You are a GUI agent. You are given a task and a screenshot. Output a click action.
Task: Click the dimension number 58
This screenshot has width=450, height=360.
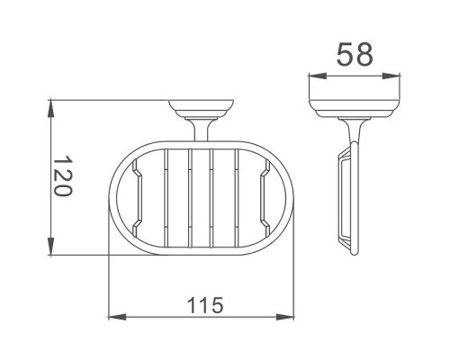(x=355, y=54)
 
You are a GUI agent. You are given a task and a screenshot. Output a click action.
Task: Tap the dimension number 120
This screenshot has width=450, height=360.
(x=62, y=175)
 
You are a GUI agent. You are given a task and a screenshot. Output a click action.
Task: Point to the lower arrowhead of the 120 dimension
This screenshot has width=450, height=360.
(x=51, y=246)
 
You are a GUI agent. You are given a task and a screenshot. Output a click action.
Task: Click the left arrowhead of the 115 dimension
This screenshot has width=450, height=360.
(x=117, y=316)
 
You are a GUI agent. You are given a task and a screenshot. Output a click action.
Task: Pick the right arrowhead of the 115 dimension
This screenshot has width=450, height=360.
(x=285, y=316)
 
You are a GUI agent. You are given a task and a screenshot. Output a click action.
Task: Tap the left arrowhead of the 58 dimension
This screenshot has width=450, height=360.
(x=318, y=76)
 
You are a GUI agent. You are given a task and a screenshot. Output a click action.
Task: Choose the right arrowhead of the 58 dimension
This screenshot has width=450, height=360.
(x=391, y=76)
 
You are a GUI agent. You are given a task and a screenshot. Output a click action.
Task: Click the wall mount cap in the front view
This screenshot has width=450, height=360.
(x=202, y=109)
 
